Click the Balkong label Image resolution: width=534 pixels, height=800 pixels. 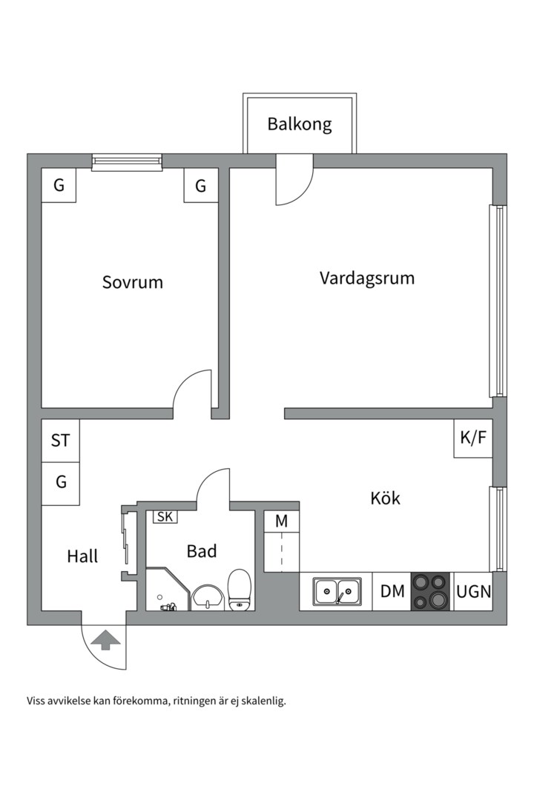300,124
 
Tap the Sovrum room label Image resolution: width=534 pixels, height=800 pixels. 132,282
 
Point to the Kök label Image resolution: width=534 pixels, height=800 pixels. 385,499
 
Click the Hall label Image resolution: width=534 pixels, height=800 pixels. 82,556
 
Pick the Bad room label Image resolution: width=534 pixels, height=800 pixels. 201,551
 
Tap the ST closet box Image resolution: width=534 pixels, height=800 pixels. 60,441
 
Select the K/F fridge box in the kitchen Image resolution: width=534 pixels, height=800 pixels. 473,438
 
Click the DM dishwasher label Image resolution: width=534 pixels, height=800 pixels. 392,591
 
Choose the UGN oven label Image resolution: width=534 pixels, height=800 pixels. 473,591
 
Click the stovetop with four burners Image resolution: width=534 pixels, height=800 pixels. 431,591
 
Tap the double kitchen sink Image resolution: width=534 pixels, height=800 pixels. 337,592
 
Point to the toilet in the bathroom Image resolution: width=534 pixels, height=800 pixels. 240,591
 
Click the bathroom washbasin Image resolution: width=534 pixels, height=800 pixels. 207,596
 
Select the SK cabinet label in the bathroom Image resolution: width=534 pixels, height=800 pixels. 165,517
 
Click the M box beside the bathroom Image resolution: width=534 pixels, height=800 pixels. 282,521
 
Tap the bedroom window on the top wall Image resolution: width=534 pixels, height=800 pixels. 126,161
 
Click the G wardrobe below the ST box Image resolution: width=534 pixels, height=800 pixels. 60,482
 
